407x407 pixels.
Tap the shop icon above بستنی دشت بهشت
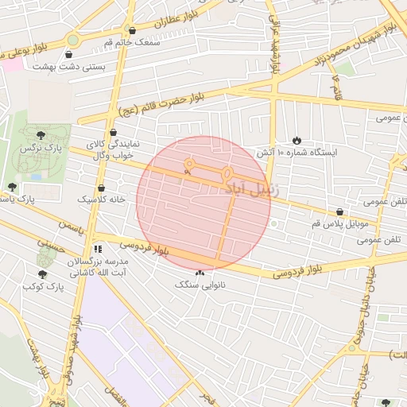point(70,55)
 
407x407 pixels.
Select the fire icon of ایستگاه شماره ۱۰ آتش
point(297,139)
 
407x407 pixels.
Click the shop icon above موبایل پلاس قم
point(341,211)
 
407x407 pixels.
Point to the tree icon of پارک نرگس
point(41,135)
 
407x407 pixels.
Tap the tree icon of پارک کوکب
point(42,273)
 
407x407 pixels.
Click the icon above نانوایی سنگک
point(199,273)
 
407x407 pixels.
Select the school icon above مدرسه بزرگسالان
point(96,249)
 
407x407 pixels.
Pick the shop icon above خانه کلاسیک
point(101,188)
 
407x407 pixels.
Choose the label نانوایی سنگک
point(200,284)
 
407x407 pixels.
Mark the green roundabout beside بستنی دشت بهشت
point(73,39)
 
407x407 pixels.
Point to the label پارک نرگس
point(42,148)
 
